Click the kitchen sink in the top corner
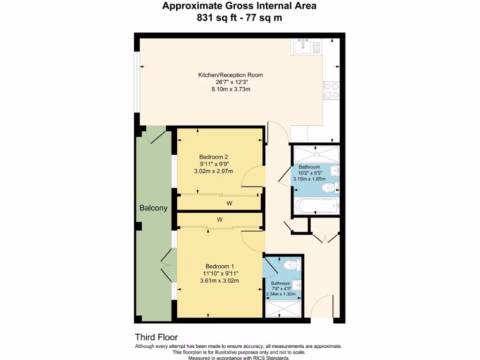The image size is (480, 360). click(x=307, y=46)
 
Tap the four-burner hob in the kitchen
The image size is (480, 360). click(x=331, y=90)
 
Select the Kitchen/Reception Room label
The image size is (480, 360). click(x=230, y=75)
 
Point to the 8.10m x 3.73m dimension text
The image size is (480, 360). click(x=230, y=89)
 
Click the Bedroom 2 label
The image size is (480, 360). click(x=213, y=157)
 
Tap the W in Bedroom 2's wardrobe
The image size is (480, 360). click(x=230, y=203)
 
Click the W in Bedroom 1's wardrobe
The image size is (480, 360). click(x=219, y=219)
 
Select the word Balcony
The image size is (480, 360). click(x=153, y=208)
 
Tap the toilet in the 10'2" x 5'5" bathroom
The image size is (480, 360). click(x=330, y=188)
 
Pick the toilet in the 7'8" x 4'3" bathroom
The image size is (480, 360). click(x=292, y=265)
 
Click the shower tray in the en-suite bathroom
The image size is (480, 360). click(x=283, y=309)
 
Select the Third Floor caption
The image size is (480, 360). click(x=157, y=337)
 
